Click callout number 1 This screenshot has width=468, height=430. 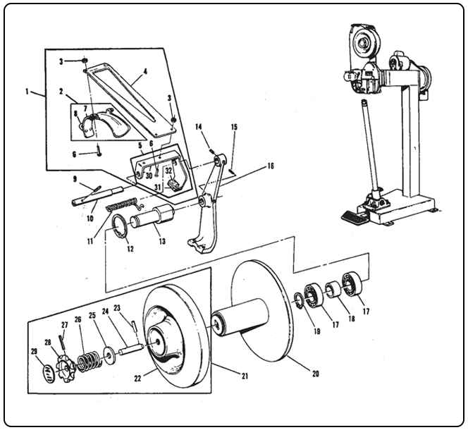tap(27, 92)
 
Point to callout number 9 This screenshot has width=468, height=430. tap(74, 179)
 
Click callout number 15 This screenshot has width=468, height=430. tap(233, 127)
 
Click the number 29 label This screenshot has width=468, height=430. tap(33, 351)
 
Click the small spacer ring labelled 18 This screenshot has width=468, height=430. tap(329, 288)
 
